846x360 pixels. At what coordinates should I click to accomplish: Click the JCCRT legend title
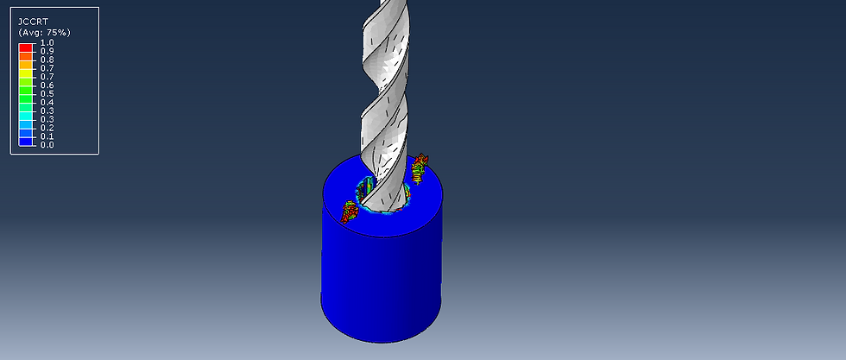pyautogui.click(x=33, y=22)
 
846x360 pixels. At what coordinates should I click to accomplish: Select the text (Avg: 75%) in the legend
pyautogui.click(x=45, y=33)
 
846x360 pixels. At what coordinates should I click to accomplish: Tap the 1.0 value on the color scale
pyautogui.click(x=47, y=42)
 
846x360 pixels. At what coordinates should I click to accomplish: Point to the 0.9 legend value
pyautogui.click(x=47, y=51)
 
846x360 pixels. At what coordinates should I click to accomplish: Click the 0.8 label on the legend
pyautogui.click(x=47, y=60)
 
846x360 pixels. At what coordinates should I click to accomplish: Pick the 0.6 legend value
pyautogui.click(x=47, y=85)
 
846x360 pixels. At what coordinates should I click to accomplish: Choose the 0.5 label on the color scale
pyautogui.click(x=47, y=94)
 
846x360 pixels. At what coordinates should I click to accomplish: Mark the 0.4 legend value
pyautogui.click(x=47, y=103)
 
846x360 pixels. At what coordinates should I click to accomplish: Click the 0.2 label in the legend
pyautogui.click(x=47, y=128)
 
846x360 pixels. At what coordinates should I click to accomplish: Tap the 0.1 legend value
pyautogui.click(x=47, y=136)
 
